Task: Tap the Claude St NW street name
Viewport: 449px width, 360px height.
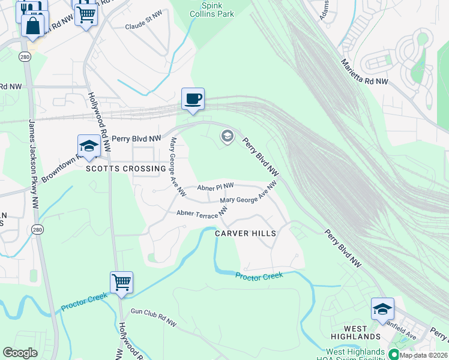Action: [x=143, y=26]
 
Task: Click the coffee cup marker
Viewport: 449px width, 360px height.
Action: [x=193, y=99]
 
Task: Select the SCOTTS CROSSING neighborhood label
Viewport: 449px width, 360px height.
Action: [x=125, y=169]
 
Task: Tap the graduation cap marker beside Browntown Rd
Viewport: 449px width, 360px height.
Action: [x=88, y=146]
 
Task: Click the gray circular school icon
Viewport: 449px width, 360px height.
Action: [x=227, y=137]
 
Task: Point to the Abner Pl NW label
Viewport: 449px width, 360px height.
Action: [x=215, y=187]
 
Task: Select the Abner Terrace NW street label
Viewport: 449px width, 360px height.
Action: [x=202, y=212]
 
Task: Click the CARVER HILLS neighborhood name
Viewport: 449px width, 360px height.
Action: [x=246, y=233]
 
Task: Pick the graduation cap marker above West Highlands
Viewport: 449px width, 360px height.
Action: [x=382, y=308]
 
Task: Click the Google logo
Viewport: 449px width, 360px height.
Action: [x=20, y=353]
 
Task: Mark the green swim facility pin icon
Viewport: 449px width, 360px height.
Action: [x=394, y=354]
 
